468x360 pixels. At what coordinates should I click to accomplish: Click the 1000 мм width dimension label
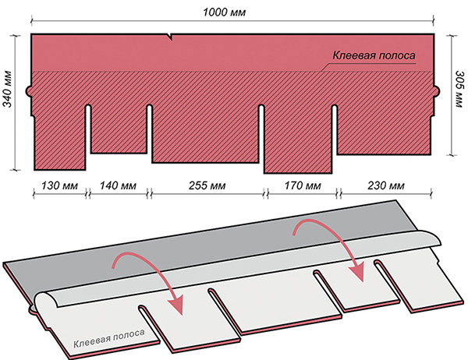click(x=224, y=12)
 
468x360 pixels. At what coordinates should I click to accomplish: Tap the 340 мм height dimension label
click(x=7, y=89)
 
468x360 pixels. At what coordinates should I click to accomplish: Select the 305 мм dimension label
click(x=459, y=89)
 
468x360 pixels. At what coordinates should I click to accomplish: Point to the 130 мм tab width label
click(x=59, y=185)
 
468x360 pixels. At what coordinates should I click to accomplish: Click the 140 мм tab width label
click(x=118, y=185)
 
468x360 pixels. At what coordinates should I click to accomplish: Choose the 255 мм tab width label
click(x=207, y=185)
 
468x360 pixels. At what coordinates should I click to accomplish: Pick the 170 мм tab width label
click(x=303, y=185)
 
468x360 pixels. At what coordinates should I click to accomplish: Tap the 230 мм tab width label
click(x=386, y=185)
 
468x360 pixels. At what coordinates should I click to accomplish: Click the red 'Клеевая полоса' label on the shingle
click(x=374, y=55)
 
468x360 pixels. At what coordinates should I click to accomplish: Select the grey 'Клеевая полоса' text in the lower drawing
click(x=109, y=338)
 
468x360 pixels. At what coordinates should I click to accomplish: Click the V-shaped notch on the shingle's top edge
click(x=171, y=37)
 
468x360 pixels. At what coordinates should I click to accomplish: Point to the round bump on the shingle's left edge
click(x=29, y=90)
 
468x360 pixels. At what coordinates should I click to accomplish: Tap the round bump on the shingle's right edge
click(x=436, y=90)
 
